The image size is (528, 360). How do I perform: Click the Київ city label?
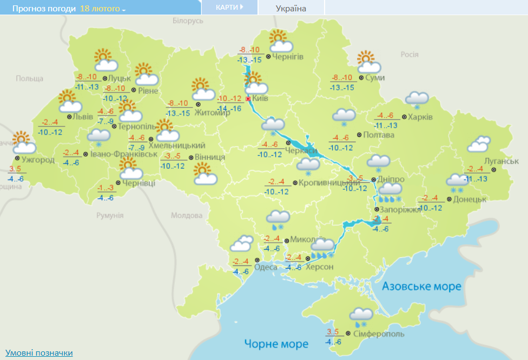point(260,99)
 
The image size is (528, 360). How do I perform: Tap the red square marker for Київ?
point(248,99)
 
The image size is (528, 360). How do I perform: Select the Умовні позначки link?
point(39,353)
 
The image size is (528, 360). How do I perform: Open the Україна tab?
point(291,8)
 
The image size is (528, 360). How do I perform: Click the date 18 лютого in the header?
point(102,9)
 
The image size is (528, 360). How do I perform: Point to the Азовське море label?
point(422,286)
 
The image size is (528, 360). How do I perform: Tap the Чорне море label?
point(276,344)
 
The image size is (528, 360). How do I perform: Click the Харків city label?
point(420,117)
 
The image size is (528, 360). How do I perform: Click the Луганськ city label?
point(501,161)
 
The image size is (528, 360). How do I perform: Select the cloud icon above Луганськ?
point(479,144)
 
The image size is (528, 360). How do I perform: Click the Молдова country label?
point(186,215)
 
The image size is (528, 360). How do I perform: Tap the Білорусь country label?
point(188,21)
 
